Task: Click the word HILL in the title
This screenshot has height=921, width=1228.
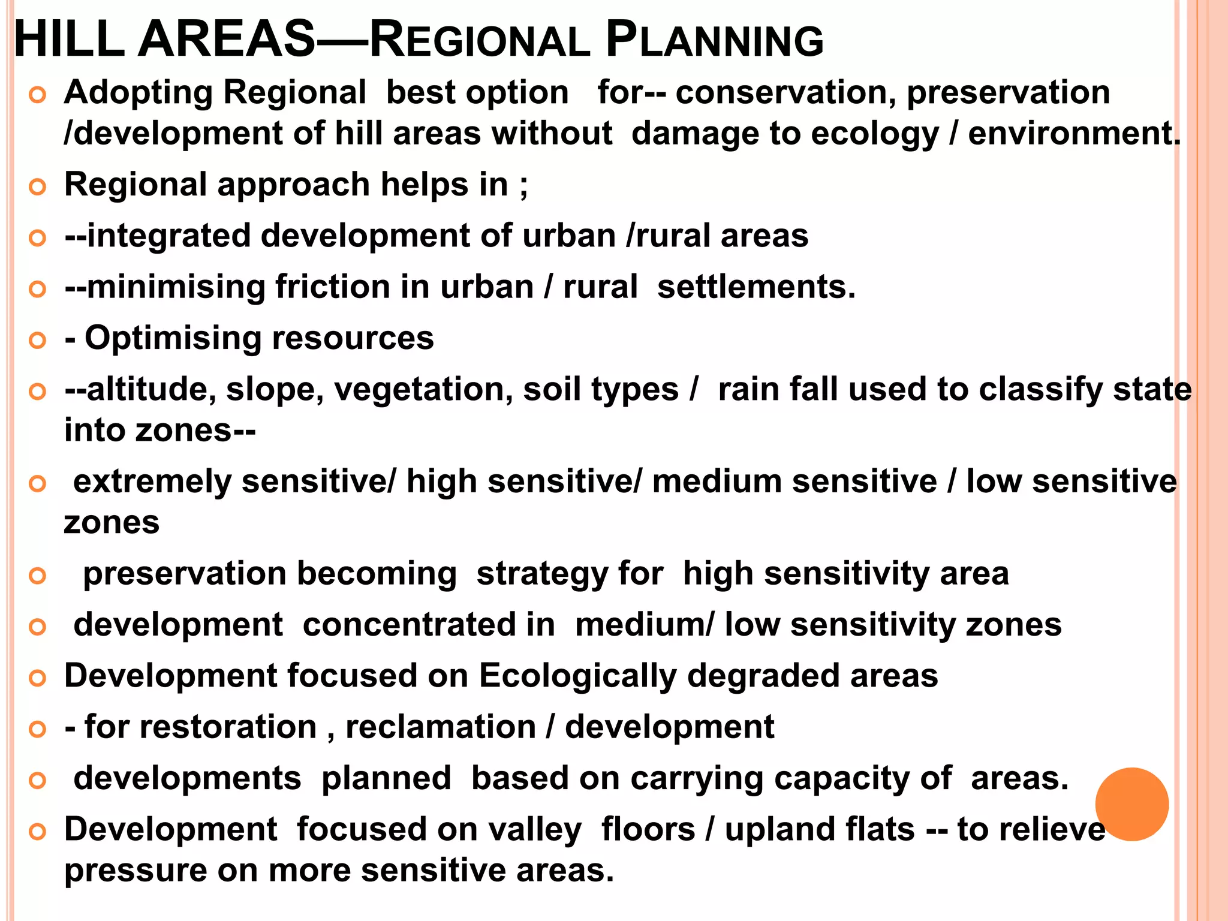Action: pyautogui.click(x=69, y=40)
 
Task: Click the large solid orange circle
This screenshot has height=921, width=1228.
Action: pyautogui.click(x=1131, y=804)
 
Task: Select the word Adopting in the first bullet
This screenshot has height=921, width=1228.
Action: pyautogui.click(x=139, y=94)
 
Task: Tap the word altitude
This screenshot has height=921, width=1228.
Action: pyautogui.click(x=151, y=390)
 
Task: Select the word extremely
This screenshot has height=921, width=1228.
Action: pyautogui.click(x=152, y=482)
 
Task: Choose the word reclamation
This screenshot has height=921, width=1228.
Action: pyautogui.click(x=441, y=727)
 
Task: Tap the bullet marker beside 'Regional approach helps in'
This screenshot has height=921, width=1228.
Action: pyautogui.click(x=37, y=186)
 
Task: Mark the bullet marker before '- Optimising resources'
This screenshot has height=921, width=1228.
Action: pyautogui.click(x=37, y=340)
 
